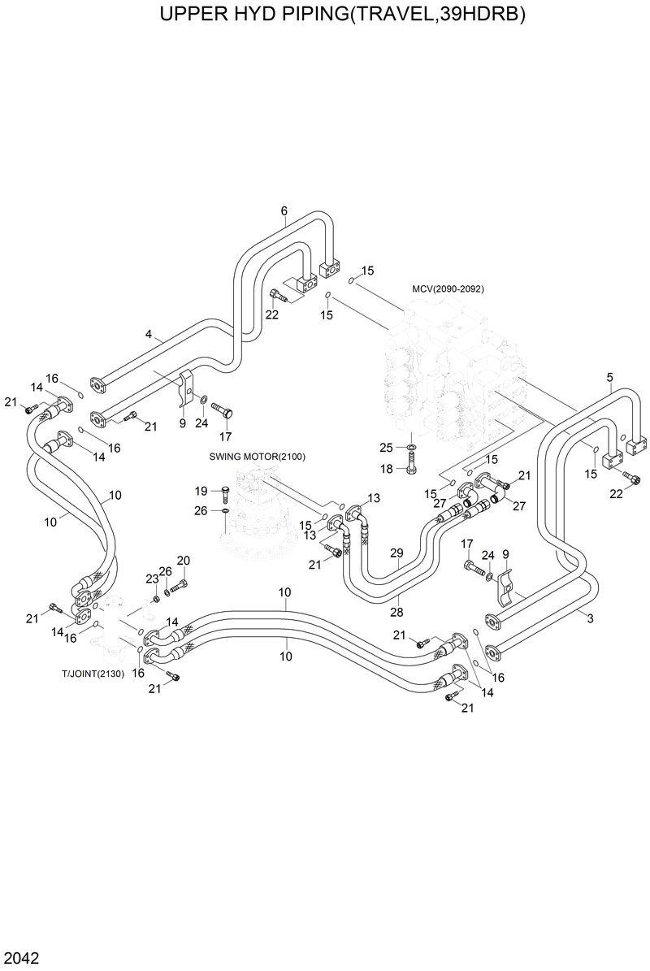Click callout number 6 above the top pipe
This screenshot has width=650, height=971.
point(284,212)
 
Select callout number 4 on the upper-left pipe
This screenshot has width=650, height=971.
point(149,334)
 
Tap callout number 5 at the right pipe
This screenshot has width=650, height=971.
point(609,377)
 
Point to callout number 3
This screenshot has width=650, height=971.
point(590,619)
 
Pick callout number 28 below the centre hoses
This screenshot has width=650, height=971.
point(397,610)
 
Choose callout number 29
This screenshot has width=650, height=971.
point(397,553)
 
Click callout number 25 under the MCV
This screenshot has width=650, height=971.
point(386,448)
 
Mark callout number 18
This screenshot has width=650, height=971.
point(386,469)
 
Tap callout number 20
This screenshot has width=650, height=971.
point(183,561)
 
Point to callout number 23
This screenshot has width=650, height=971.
point(152,579)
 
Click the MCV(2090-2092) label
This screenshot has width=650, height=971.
point(448,289)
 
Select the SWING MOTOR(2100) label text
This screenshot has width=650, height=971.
point(257,457)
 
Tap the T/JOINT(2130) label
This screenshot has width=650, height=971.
point(93,674)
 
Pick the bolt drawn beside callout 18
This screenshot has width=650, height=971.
point(410,468)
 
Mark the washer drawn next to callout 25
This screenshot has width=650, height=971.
point(410,448)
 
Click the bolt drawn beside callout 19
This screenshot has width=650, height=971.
point(224,491)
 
